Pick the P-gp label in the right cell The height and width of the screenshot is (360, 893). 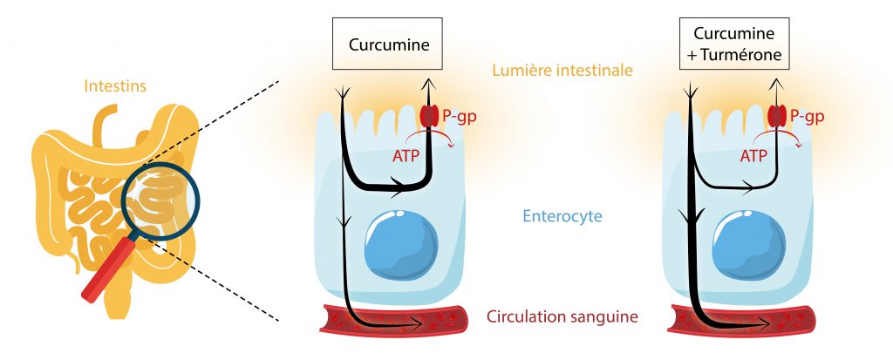click(806, 116)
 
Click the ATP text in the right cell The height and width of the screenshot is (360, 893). click(753, 156)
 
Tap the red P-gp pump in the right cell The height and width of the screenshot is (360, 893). click(775, 115)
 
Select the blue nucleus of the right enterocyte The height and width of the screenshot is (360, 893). click(748, 244)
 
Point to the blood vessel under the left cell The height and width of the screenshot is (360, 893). click(392, 322)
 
